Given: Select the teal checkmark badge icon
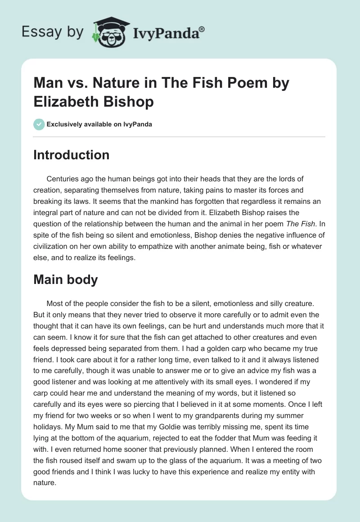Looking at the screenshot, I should [x=39, y=124].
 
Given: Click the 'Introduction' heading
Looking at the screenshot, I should [x=72, y=155].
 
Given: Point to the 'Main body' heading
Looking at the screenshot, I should [x=66, y=279].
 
